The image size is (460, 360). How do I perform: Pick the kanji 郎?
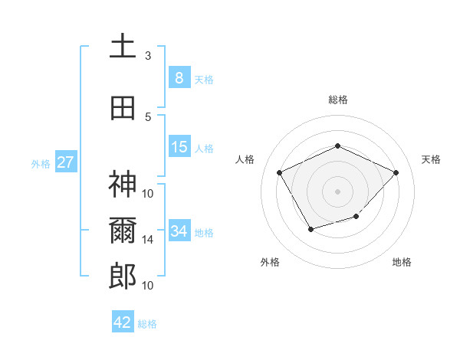click(123, 276)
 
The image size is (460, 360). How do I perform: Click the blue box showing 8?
click(179, 77)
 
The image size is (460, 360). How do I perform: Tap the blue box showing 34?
click(179, 231)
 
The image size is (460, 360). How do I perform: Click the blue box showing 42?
click(123, 322)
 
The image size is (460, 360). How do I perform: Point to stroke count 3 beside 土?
click(148, 55)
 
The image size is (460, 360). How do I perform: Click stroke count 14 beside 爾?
click(148, 239)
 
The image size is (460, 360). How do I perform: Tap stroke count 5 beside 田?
click(148, 116)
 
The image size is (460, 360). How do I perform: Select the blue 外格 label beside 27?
click(40, 163)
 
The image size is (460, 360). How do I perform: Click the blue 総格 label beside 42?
click(147, 324)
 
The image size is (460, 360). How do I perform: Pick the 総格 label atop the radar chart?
click(337, 100)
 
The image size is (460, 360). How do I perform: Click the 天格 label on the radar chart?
click(431, 159)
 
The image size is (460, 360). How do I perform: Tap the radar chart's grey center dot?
click(337, 191)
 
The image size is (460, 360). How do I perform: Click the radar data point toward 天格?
click(396, 172)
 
